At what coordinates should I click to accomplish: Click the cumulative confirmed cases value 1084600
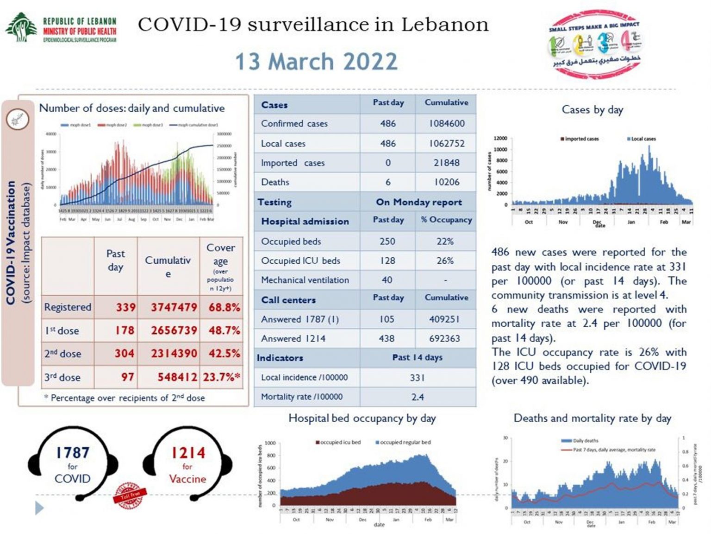coord(446,124)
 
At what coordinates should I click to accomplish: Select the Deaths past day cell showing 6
coord(388,182)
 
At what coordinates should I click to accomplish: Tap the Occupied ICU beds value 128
coord(387,261)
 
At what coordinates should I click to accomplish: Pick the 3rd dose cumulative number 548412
coord(177,377)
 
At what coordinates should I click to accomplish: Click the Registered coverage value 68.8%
coord(225,307)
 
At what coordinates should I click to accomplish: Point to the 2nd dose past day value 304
coord(125,354)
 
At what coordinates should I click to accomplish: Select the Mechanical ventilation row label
coord(305,280)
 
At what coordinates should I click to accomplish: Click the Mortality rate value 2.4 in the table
coord(418,397)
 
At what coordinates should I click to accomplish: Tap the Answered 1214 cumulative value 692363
coord(444,338)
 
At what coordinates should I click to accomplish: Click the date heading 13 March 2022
coord(316,62)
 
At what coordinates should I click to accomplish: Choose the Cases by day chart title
coord(592,110)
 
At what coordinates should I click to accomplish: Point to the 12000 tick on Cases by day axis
coord(500,138)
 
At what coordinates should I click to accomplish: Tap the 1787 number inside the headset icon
coord(73,452)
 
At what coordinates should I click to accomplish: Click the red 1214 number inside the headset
coord(187,452)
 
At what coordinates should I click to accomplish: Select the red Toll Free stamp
coord(130,496)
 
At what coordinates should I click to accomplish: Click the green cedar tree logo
coord(21,27)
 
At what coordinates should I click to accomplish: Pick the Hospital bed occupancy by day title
coord(362,418)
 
